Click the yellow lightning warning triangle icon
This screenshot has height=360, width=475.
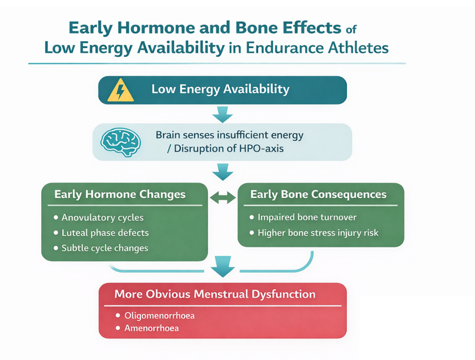tap(122, 90)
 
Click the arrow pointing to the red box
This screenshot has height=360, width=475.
tap(222, 267)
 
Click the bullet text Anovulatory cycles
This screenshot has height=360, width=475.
tap(102, 218)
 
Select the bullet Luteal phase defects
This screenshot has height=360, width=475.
tap(105, 233)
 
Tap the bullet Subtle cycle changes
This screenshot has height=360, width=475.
tap(105, 248)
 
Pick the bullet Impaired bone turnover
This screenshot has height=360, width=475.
tap(307, 217)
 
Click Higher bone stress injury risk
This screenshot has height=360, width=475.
tap(318, 233)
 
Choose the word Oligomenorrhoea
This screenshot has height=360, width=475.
tap(159, 315)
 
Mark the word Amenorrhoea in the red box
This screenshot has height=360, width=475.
tap(152, 328)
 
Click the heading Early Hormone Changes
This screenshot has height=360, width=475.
tap(120, 194)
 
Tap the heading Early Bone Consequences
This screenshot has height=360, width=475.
tap(318, 194)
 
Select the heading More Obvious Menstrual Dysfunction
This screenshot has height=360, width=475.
tap(215, 294)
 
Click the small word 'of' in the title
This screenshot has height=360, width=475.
tap(351, 28)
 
